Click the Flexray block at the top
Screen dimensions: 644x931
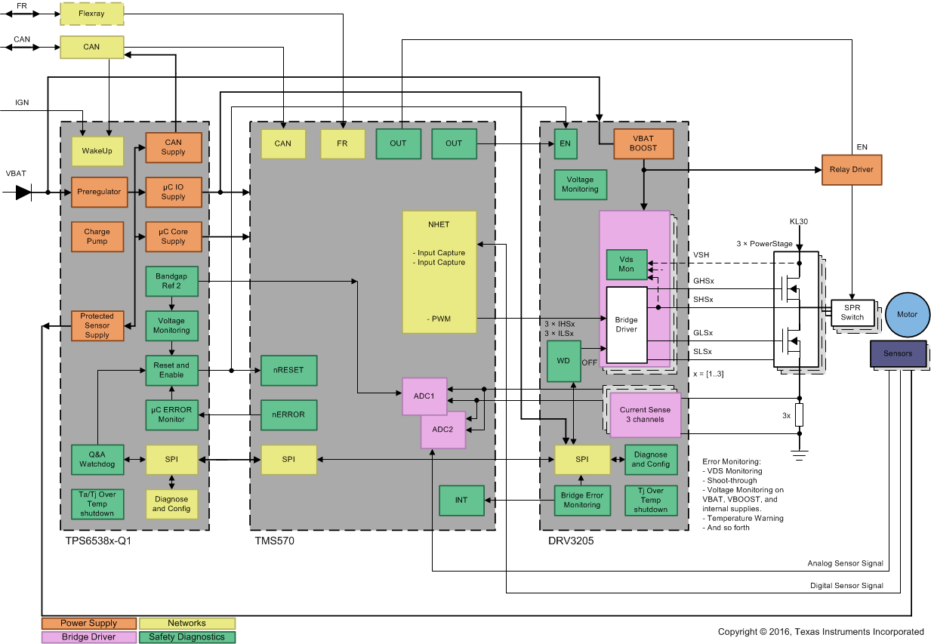(x=91, y=13)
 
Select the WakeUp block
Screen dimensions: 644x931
(x=97, y=151)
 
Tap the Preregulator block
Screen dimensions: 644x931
(x=97, y=192)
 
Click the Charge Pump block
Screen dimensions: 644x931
(x=97, y=236)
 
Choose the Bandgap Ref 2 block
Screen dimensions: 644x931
(x=171, y=282)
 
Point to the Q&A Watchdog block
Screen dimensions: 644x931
(x=97, y=459)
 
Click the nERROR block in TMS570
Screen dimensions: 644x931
(x=288, y=414)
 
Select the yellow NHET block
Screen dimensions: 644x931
(x=439, y=272)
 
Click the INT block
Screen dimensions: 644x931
(x=461, y=501)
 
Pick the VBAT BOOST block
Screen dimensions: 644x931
(x=643, y=143)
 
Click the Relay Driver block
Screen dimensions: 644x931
(x=851, y=170)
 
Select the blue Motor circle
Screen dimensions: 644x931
(x=907, y=314)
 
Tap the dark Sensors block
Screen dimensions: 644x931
(x=898, y=353)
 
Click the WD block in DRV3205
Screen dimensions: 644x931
(x=563, y=361)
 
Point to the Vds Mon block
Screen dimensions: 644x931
(x=627, y=264)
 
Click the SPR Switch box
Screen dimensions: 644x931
(x=852, y=312)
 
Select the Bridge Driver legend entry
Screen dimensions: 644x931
(x=89, y=637)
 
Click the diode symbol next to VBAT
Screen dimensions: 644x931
(x=24, y=193)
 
